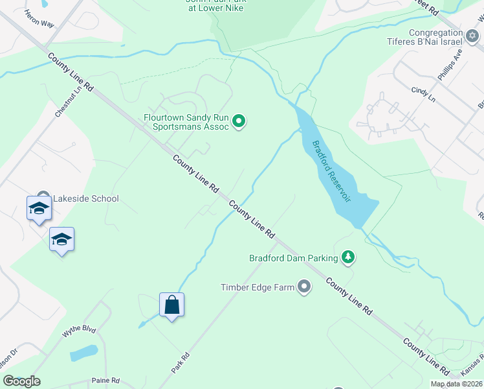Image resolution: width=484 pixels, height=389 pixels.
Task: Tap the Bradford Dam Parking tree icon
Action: tap(348, 258)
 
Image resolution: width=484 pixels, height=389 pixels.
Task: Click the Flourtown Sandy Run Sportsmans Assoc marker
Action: tap(239, 121)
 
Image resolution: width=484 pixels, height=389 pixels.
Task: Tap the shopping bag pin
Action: tap(171, 305)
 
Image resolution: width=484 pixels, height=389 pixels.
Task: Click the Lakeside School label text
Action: tap(86, 198)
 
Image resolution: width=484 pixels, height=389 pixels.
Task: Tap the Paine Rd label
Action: tap(106, 381)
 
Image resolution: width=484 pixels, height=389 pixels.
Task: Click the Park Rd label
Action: tap(180, 362)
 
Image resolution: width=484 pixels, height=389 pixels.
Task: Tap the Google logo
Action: tap(21, 381)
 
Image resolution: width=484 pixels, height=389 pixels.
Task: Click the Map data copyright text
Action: tap(456, 384)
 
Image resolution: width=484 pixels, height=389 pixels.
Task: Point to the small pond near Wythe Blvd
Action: tap(83, 353)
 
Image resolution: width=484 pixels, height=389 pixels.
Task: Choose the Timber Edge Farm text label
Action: tap(258, 287)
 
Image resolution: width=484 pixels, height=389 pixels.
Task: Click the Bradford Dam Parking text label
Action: tap(294, 258)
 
